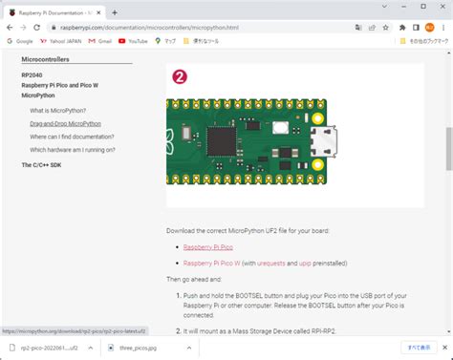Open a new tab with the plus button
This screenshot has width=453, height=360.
click(115, 12)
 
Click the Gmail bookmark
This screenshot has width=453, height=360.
click(101, 41)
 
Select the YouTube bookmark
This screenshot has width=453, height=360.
click(133, 41)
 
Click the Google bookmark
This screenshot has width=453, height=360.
click(20, 41)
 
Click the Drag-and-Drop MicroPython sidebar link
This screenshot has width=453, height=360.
click(66, 124)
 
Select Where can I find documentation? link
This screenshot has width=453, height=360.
click(73, 137)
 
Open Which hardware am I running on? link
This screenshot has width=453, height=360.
click(73, 149)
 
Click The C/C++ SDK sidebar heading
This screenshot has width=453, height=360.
click(43, 165)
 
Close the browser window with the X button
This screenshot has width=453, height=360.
click(442, 11)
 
